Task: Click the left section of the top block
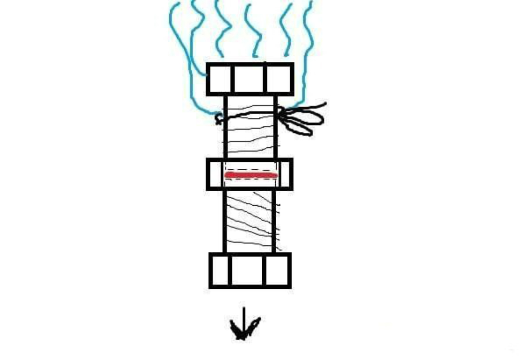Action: tap(219, 79)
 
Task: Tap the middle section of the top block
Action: tap(249, 79)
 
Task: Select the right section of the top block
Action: tap(279, 79)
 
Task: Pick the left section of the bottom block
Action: tap(220, 270)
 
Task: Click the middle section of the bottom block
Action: tap(247, 270)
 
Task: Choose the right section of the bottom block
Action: tap(277, 270)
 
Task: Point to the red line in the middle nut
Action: tap(251, 175)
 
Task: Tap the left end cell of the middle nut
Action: tap(215, 175)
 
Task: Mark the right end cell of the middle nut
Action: tap(285, 175)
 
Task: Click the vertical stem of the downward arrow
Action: tap(244, 314)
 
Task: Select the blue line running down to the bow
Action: tap(307, 53)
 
